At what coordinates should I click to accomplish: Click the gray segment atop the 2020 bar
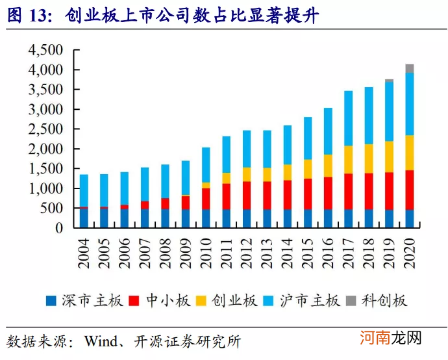pos(410,68)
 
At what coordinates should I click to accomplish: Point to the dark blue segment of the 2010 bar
pos(206,218)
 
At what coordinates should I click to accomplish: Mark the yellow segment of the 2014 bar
pos(288,172)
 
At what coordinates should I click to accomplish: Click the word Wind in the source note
pos(95,341)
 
